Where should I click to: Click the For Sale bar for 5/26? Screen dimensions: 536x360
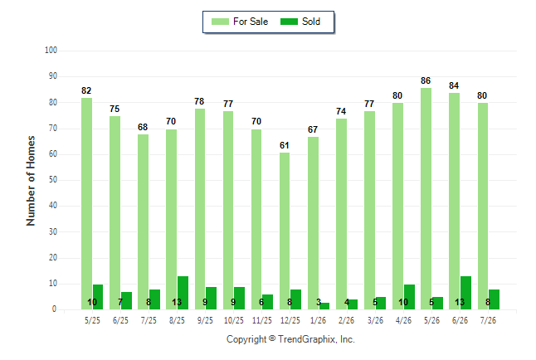pos(426,198)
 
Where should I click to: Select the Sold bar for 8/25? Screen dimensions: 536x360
pos(183,293)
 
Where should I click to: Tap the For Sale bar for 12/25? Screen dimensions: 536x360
pos(285,231)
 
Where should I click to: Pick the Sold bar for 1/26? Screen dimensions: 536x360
pos(324,306)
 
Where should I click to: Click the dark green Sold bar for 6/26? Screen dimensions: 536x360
pos(465,293)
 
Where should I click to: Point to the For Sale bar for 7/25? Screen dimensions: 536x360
pos(144,221)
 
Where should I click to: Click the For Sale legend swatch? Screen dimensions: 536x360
pos(220,22)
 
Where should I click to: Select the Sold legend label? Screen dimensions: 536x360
pos(311,22)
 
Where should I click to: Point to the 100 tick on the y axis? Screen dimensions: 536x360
pos(51,51)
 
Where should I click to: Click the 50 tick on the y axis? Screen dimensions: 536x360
pos(52,180)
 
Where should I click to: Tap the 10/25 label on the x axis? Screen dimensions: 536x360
pos(233,320)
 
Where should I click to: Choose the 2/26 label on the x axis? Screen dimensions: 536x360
pos(346,320)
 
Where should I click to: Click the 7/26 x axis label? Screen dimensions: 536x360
pos(488,320)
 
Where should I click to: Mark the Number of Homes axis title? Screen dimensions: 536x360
pos(31,181)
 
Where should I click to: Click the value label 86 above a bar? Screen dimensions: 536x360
pos(426,80)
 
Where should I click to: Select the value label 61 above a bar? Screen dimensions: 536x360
pos(285,145)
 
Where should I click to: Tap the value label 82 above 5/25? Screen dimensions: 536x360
pos(86,90)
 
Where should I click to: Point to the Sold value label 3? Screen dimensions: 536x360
pos(319,302)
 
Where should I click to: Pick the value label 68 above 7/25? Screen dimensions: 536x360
pos(143,127)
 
